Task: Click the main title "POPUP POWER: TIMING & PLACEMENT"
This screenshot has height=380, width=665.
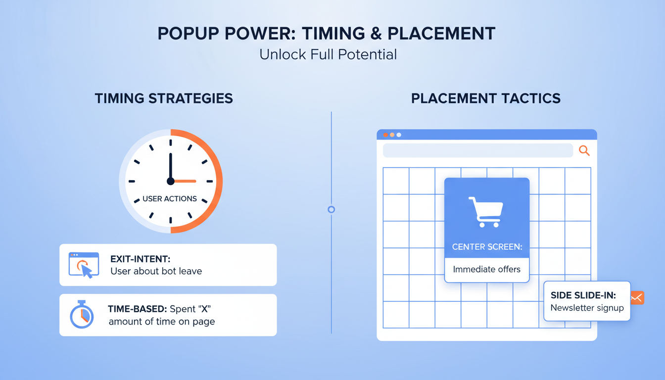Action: (x=327, y=34)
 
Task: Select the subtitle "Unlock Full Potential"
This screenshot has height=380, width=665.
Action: (x=328, y=54)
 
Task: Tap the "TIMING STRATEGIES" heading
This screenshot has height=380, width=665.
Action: (x=164, y=98)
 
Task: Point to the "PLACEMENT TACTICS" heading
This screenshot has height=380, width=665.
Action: (x=486, y=98)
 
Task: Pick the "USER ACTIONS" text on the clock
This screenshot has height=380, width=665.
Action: (x=170, y=199)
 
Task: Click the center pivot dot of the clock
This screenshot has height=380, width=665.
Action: (x=171, y=181)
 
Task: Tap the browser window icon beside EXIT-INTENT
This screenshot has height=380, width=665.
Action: (x=84, y=265)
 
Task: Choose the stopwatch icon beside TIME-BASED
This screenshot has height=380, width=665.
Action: (x=82, y=315)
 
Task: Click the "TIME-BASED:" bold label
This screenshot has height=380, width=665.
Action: (x=137, y=309)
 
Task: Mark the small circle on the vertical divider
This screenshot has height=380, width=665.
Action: (x=332, y=209)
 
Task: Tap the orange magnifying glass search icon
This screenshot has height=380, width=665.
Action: (x=584, y=151)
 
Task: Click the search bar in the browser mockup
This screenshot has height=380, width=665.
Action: (x=477, y=151)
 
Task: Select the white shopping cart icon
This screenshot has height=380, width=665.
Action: (x=485, y=212)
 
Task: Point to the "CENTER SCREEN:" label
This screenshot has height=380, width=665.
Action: (x=487, y=246)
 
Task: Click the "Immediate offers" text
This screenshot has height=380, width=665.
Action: (x=487, y=269)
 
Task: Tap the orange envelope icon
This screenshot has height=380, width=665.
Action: (x=637, y=298)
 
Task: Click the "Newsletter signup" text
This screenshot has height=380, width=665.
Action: (x=587, y=308)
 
